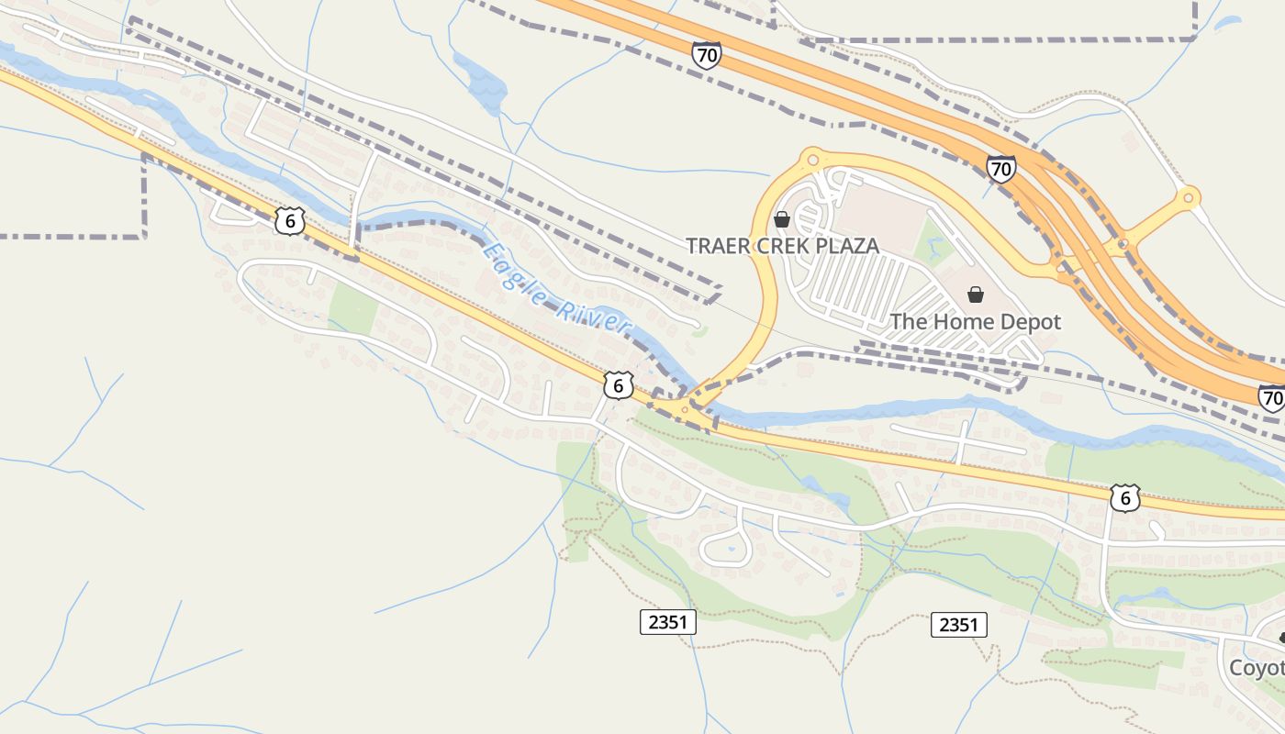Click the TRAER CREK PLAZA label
click(x=783, y=246)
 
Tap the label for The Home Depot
click(x=975, y=322)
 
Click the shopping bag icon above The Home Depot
click(x=975, y=295)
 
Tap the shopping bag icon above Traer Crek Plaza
click(x=782, y=219)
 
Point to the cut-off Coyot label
click(x=1257, y=667)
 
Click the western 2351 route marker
click(x=667, y=622)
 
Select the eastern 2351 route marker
click(x=958, y=625)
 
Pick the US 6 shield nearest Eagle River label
click(x=618, y=386)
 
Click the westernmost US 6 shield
click(x=289, y=221)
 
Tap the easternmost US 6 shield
click(x=1124, y=497)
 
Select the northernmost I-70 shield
click(x=706, y=55)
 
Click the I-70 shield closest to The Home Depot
click(x=1001, y=169)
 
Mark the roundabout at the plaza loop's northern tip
click(x=810, y=160)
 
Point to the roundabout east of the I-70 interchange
click(x=1189, y=197)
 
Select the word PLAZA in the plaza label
click(x=845, y=246)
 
